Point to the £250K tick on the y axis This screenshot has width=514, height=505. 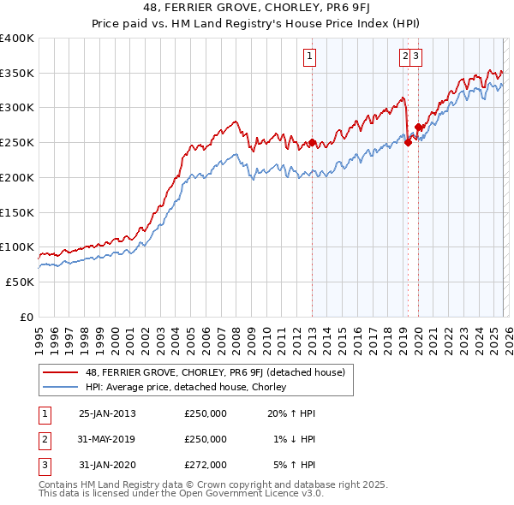(x=17, y=143)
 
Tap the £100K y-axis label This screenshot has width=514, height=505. (x=17, y=247)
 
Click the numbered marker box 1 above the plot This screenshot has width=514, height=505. (x=308, y=57)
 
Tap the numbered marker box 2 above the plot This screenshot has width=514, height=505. (x=403, y=57)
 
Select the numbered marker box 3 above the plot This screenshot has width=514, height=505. (x=415, y=57)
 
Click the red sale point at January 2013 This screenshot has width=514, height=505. (x=312, y=143)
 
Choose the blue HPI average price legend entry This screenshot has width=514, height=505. (x=188, y=387)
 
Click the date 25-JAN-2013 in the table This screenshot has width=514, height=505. (x=107, y=413)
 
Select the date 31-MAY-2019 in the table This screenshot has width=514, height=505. (x=107, y=439)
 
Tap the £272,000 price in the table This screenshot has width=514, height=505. (x=206, y=465)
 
